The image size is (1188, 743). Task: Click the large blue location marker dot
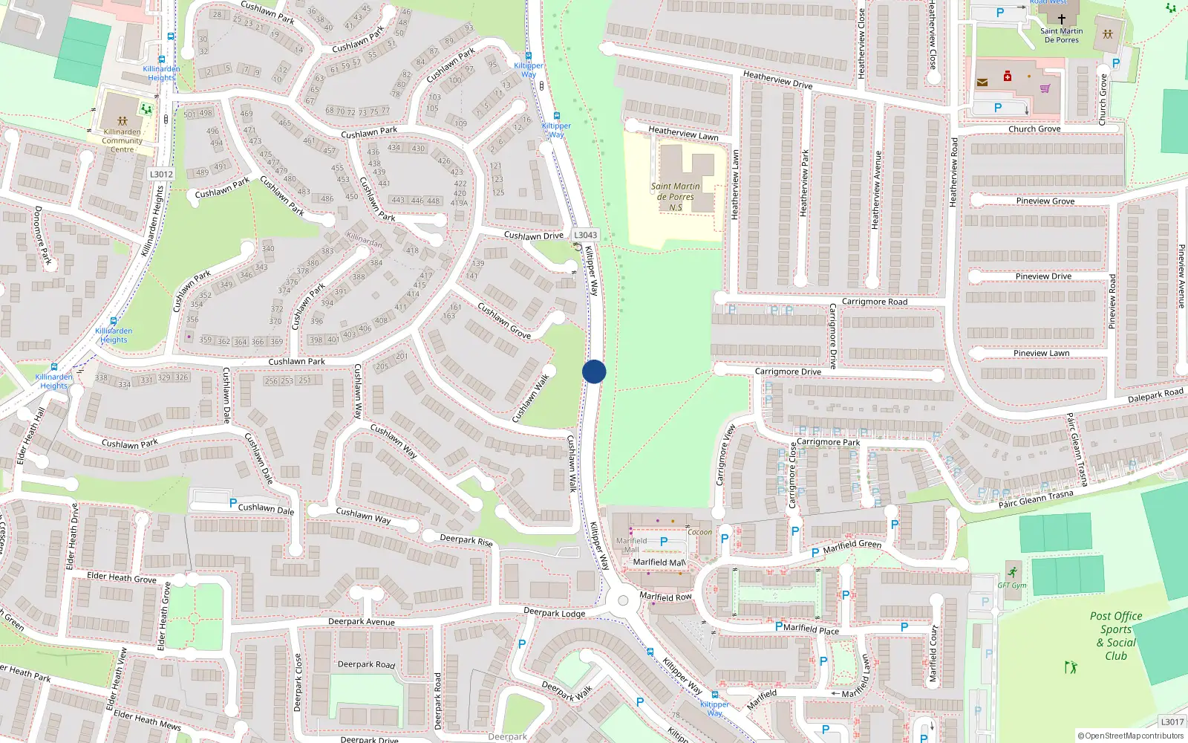pos(594,371)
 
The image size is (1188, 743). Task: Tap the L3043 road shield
pos(585,235)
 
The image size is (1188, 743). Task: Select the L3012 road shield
pos(161,175)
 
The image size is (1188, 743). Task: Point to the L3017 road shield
pos(1172,722)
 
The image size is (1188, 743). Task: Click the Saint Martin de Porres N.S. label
pos(675,197)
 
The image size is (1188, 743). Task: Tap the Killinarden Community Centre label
pos(123,140)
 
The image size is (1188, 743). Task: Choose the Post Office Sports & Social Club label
pos(1116,636)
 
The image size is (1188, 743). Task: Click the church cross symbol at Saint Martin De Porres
pos(1062,19)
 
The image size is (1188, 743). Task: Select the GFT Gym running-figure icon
pos(1013,572)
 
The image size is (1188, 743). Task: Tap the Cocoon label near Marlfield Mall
pos(699,532)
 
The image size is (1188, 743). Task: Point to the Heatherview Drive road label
pos(777,80)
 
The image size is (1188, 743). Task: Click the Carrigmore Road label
pos(874,302)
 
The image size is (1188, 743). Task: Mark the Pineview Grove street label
pos(1045,201)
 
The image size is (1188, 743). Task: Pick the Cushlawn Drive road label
pos(533,236)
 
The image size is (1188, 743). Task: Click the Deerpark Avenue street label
pos(362,622)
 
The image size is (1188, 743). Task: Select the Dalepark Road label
pos(1155,395)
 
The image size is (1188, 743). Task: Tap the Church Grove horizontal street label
pos(1034,129)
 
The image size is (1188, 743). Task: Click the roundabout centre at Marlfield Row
pos(623,600)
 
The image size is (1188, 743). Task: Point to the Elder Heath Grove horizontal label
pos(122,577)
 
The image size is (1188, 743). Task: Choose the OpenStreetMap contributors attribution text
pos(1131,736)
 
